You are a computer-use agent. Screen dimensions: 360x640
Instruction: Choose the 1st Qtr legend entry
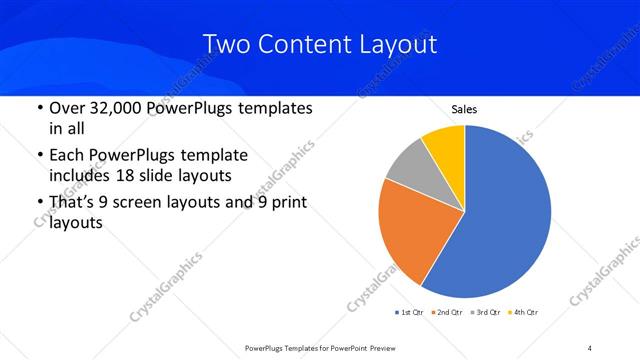(410, 313)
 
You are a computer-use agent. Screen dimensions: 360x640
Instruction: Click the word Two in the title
(226, 45)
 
